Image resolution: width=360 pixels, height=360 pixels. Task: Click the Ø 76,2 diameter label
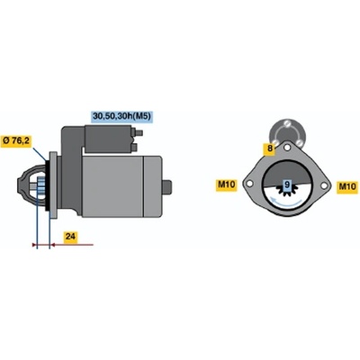pos(16,141)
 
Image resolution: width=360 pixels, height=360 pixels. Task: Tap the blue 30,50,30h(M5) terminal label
pos(121,116)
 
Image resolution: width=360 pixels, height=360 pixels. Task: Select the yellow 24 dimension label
pos(70,237)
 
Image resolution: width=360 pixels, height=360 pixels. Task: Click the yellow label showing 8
pos(269,149)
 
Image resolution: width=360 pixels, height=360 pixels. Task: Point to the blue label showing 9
pos(287,184)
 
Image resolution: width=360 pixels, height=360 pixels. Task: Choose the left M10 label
pos(227,184)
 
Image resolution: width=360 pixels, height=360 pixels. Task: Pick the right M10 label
pos(346,187)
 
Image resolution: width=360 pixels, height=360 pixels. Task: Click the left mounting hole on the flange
pos(249,184)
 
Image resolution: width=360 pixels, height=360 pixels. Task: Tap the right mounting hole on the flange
pos(323,185)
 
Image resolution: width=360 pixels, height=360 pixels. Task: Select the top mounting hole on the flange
pos(287,148)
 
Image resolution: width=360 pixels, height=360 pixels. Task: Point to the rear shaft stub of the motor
pos(167,187)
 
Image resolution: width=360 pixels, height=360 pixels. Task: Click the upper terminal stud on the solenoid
pos(138,132)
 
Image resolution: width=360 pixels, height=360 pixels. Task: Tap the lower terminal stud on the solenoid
pos(134,147)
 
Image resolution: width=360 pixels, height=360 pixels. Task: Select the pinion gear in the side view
pos(40,185)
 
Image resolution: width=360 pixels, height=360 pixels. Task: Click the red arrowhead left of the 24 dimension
pos(34,245)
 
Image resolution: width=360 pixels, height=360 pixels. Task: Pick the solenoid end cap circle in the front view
pos(287,133)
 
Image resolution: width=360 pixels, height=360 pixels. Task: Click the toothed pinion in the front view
pos(287,192)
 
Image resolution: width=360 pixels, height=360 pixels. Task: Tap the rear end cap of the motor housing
pos(153,186)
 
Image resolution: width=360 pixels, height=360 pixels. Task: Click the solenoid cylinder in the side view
pos(108,139)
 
